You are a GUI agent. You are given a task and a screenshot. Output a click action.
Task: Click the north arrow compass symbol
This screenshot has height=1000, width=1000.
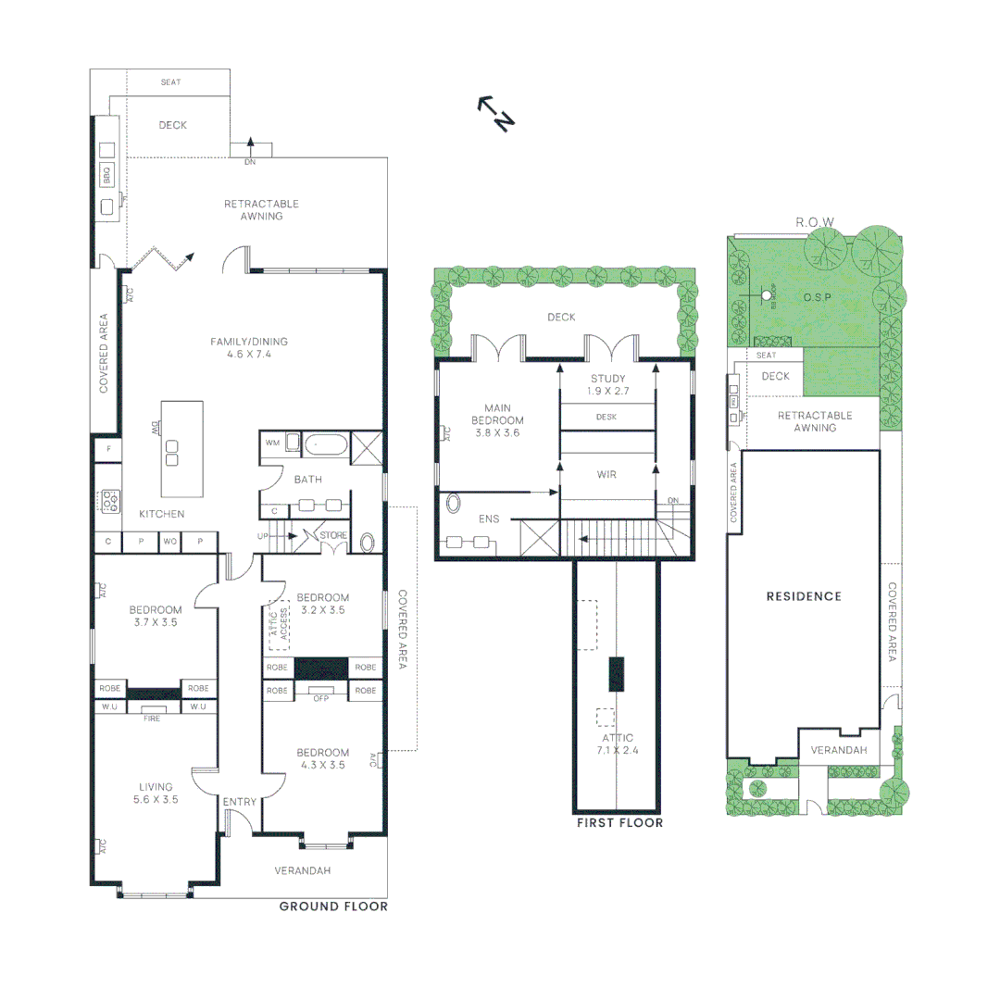[x=495, y=112]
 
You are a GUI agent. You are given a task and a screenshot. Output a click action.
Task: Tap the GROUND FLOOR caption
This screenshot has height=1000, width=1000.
[x=333, y=906]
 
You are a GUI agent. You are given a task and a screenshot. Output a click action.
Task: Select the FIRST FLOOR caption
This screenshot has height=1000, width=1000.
[x=619, y=822]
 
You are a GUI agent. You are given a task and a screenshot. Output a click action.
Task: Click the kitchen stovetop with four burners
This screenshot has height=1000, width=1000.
[x=110, y=501]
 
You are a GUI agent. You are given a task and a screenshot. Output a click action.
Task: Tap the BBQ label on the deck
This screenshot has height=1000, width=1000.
[x=106, y=172]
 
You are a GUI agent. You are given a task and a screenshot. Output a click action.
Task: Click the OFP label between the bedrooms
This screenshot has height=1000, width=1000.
[x=321, y=698]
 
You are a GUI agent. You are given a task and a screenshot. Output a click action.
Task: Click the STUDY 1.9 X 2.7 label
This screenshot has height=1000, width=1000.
[x=608, y=385]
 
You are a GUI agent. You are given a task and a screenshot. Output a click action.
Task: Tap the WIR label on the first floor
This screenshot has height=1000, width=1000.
[x=606, y=475]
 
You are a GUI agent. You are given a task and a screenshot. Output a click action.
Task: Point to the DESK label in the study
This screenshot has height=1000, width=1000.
[x=606, y=417]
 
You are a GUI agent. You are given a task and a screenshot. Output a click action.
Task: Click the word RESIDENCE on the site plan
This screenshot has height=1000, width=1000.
[x=804, y=596]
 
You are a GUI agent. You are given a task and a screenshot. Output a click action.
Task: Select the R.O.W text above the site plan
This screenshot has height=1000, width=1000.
[x=815, y=222]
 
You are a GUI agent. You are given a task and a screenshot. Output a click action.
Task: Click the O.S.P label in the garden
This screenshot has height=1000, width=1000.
[x=819, y=297]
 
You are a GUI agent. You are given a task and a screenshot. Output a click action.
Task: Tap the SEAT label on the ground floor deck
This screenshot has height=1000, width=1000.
[x=170, y=82]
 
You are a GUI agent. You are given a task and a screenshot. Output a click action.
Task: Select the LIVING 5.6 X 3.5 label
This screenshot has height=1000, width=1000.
[x=155, y=793]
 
